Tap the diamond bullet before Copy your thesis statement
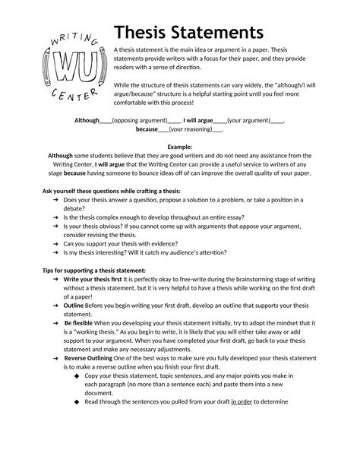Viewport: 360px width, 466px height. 76,376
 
